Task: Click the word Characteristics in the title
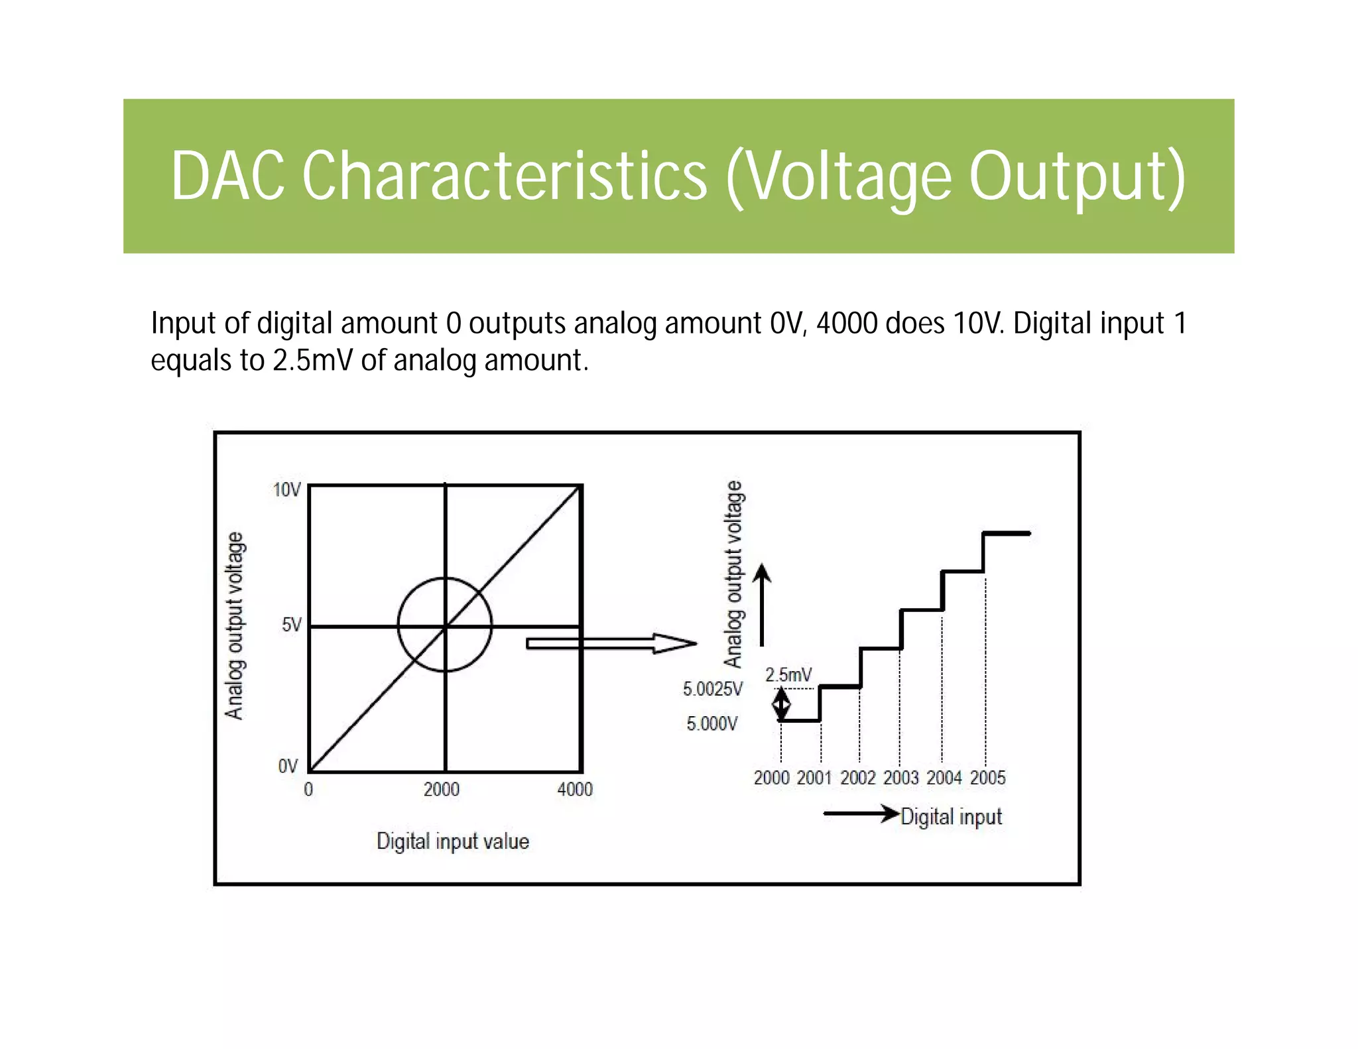[505, 176]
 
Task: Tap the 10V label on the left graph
[287, 490]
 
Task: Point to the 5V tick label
[291, 625]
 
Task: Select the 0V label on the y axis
[288, 767]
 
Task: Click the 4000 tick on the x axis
[575, 789]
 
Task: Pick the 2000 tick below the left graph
[442, 789]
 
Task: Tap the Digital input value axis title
[453, 841]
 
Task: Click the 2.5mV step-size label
[788, 675]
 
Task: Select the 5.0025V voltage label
[713, 690]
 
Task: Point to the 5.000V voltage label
[712, 723]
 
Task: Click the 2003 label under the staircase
[900, 778]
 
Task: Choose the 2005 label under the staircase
[987, 778]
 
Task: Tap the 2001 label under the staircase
[814, 778]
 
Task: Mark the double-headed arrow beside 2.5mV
[782, 704]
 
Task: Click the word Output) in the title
[1077, 176]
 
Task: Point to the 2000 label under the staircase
[771, 778]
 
